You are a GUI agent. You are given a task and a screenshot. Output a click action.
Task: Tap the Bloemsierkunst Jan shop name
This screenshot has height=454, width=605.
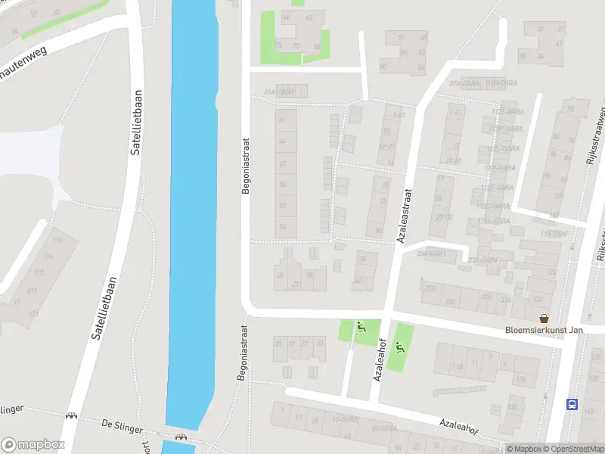[x=544, y=331]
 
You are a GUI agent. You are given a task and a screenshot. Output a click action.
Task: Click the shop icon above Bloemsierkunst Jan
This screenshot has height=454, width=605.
[x=543, y=319]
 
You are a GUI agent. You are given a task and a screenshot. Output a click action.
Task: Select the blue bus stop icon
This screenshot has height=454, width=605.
[x=572, y=404]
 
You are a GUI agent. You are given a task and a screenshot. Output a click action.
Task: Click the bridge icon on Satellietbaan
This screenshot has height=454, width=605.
[x=72, y=415]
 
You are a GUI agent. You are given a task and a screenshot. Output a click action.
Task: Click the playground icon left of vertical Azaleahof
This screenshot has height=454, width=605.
[x=361, y=328]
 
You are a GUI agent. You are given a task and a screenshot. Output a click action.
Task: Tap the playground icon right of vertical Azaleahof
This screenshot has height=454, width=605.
[x=399, y=349]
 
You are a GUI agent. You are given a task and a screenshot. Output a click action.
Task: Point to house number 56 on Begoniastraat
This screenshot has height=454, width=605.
[x=283, y=227]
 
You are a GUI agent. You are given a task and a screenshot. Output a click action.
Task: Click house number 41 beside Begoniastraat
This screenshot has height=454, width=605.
[x=283, y=120]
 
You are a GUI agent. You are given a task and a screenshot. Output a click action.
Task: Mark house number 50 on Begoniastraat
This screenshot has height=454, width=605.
[x=283, y=184]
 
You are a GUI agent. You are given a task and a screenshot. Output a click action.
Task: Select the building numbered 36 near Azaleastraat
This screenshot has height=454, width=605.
[x=363, y=260]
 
